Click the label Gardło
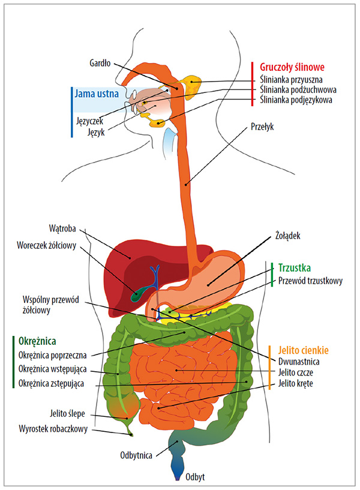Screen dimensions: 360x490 [x=100, y=63]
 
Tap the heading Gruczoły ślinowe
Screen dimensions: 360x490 [x=292, y=67]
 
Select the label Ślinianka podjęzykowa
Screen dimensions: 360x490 [x=296, y=100]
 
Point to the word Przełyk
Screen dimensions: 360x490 [x=262, y=127]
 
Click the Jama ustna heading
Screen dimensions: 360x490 [x=97, y=94]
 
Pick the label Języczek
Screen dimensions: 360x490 [x=89, y=121]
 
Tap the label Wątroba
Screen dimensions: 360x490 [x=62, y=229]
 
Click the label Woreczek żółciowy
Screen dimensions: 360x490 [x=47, y=245]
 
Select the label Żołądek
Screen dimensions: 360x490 [x=288, y=235]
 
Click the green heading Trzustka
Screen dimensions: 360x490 [x=295, y=268]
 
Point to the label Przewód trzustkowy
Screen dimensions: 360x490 [x=310, y=281]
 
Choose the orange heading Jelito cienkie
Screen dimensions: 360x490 [x=304, y=350]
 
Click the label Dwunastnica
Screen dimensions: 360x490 [x=299, y=362]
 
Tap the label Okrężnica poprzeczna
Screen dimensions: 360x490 [x=53, y=355]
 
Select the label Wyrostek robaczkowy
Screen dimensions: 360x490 [x=53, y=428]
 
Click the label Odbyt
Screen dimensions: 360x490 [x=195, y=477]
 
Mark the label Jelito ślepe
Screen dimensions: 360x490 [x=67, y=414]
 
